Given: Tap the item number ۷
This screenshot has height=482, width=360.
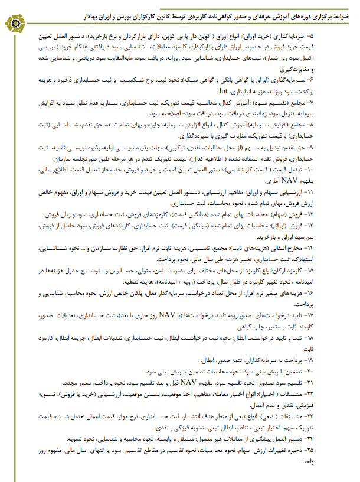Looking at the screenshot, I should [x=341, y=102].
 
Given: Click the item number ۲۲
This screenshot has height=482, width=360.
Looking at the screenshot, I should [x=339, y=393].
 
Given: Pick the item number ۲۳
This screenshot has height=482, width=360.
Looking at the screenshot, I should [x=339, y=414].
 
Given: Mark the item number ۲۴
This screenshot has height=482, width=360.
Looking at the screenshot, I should [x=339, y=438].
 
